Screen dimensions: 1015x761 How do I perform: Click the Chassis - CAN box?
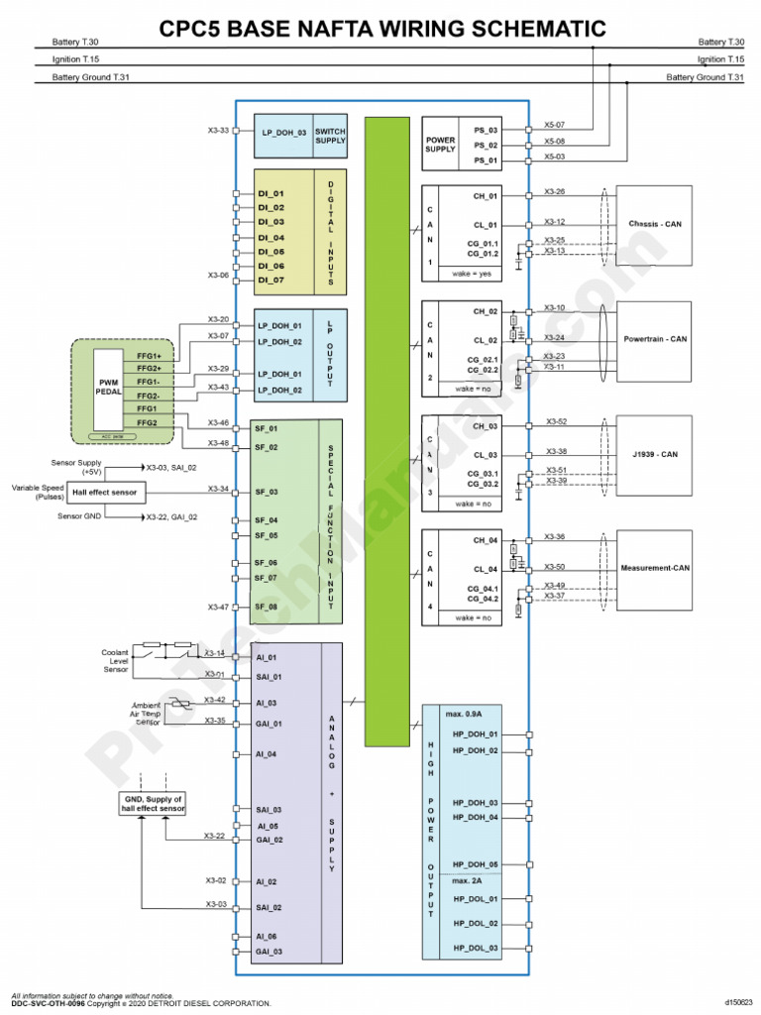point(654,224)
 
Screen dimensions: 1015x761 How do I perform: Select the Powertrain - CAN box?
point(654,339)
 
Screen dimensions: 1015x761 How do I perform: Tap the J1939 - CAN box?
point(654,454)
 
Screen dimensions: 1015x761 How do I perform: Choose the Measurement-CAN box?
point(654,568)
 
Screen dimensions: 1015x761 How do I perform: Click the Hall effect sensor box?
point(105,492)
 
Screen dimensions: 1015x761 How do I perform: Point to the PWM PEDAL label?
point(109,386)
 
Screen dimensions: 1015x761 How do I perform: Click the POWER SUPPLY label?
point(440,145)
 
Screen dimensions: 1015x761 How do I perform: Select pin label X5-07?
point(555,125)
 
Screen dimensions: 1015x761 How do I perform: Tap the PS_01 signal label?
point(486,160)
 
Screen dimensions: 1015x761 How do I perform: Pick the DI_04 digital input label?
point(271,238)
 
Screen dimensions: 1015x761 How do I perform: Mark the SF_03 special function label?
point(267,492)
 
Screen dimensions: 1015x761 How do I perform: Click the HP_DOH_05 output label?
point(476,864)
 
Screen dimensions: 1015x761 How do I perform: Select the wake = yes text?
point(472,273)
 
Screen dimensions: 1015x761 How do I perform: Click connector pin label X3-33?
point(217,130)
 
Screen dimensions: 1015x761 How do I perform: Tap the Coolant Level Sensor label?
point(116,661)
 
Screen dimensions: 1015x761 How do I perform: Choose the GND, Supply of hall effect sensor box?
point(153,803)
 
